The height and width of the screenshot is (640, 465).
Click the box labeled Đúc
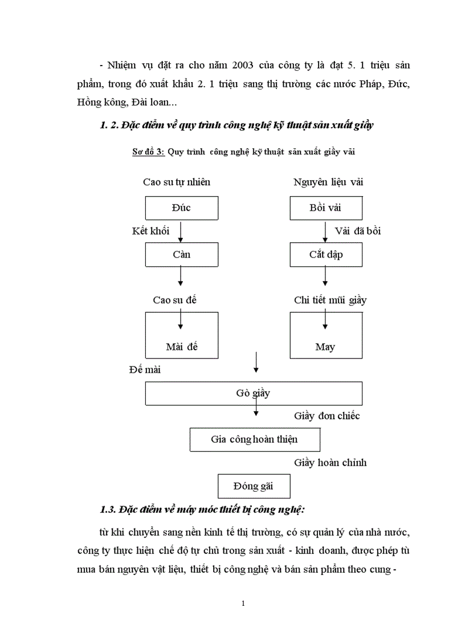pyautogui.click(x=181, y=208)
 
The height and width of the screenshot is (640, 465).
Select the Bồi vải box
pyautogui.click(x=325, y=208)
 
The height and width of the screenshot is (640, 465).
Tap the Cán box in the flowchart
pyautogui.click(x=181, y=255)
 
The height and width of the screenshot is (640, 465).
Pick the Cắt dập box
pyautogui.click(x=325, y=255)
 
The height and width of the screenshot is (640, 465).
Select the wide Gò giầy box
pyautogui.click(x=254, y=393)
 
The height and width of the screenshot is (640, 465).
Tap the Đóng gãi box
pyautogui.click(x=254, y=487)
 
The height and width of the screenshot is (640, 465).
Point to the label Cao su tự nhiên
pyautogui.click(x=177, y=182)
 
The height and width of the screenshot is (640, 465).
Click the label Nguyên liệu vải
pyautogui.click(x=328, y=182)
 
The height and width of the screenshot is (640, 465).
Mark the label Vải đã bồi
pyautogui.click(x=358, y=231)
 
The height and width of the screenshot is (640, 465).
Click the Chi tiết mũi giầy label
pyautogui.click(x=330, y=300)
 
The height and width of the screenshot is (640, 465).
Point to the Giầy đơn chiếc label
pyautogui.click(x=327, y=416)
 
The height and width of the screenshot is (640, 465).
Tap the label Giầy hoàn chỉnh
pyautogui.click(x=330, y=463)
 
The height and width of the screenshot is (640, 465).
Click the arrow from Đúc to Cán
pyautogui.click(x=181, y=231)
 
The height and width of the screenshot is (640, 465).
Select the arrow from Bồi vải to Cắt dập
pyautogui.click(x=325, y=231)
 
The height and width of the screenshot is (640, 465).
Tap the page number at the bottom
pyautogui.click(x=243, y=603)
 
